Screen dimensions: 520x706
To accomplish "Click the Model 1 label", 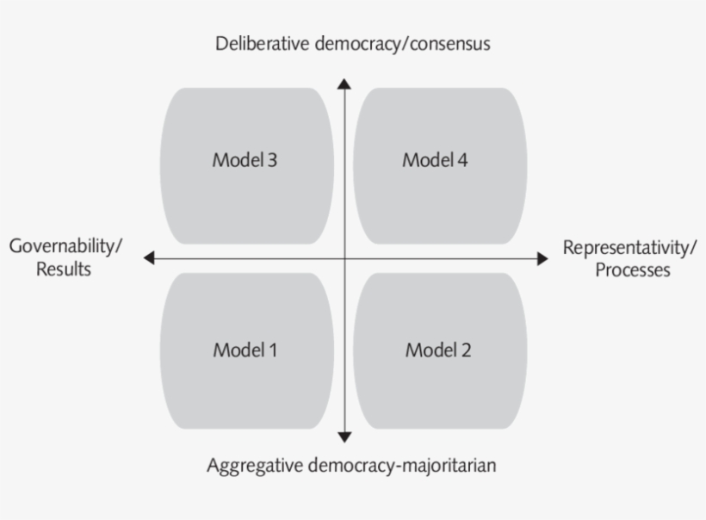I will pos(245,350).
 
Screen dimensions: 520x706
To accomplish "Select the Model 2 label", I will pos(438,350).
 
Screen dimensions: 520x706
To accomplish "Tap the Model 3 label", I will pos(245,160).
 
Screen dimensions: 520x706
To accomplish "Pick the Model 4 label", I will pos(436,160).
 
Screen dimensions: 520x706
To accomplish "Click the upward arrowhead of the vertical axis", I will pos(344,84).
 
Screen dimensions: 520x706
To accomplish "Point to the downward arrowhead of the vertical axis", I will pos(344,436).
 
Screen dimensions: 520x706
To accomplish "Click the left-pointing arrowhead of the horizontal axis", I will pos(149,258).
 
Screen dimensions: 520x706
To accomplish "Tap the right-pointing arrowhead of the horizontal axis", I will pos(542,258).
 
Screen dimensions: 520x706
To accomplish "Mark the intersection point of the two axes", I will pos(344,258).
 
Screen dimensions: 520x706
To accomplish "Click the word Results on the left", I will pos(64,269).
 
